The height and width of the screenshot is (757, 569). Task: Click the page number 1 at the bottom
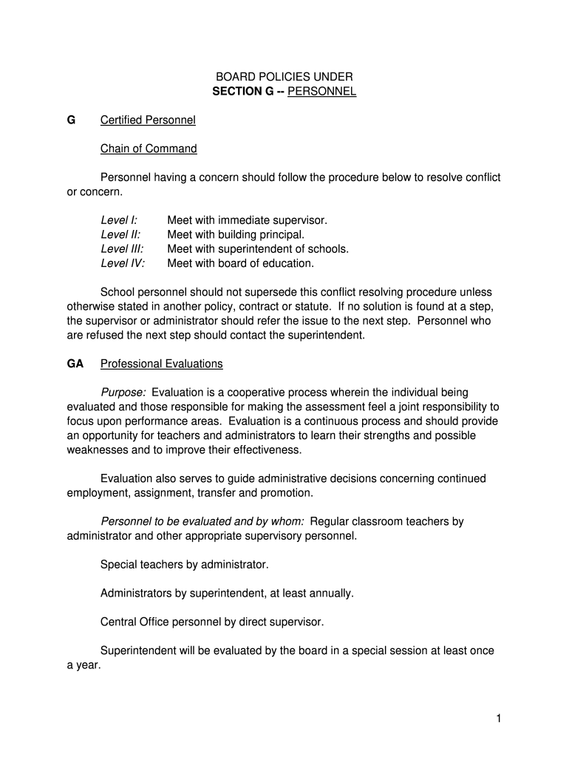coord(499,719)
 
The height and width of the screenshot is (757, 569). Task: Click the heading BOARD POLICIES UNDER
coord(284,77)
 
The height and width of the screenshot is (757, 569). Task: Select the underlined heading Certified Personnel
coord(148,120)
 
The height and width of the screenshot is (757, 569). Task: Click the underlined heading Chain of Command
coord(149,149)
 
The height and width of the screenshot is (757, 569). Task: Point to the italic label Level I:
coord(119,220)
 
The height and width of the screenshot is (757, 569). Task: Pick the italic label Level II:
coord(120,234)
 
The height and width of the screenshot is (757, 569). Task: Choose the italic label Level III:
coord(122,249)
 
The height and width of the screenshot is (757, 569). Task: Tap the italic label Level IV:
coord(123,263)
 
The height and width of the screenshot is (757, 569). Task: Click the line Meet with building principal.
coord(236,234)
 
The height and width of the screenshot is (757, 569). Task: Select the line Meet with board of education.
coord(240,263)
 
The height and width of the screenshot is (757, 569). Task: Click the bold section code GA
coord(75,364)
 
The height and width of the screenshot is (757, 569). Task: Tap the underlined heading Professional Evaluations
coord(161,364)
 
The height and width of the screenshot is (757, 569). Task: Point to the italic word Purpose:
coord(123,393)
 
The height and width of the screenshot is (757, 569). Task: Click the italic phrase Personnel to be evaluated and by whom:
coord(202,521)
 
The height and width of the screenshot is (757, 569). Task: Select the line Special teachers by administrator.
coord(184,565)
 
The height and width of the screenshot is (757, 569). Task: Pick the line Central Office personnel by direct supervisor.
coord(212,622)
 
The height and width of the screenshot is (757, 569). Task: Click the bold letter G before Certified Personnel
coord(71,120)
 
